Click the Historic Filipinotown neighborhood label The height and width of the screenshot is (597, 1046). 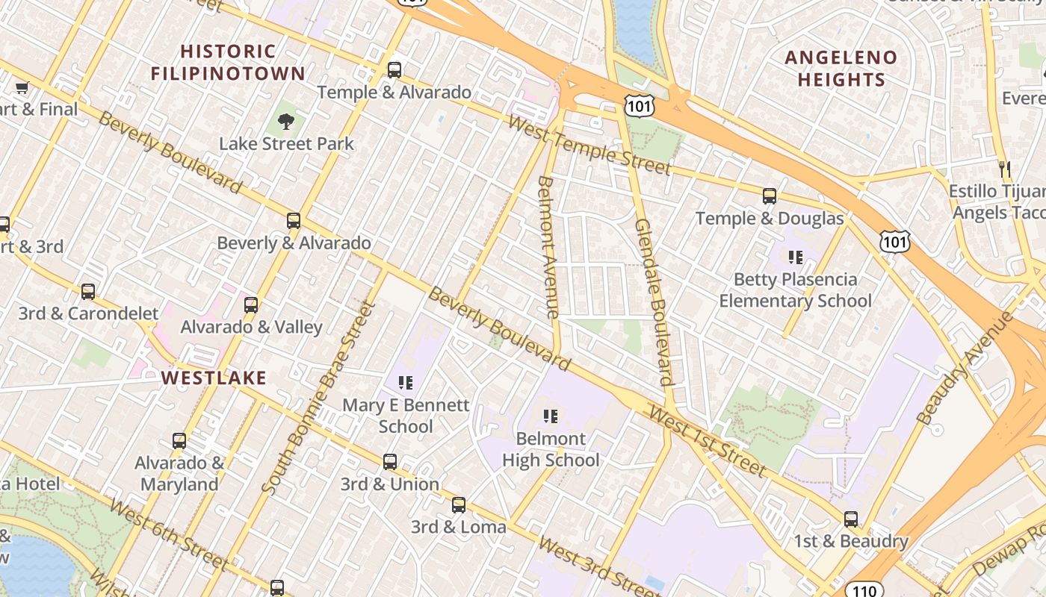coord(228,63)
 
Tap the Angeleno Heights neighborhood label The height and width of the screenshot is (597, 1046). coord(841,69)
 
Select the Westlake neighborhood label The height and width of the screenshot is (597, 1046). coord(214,378)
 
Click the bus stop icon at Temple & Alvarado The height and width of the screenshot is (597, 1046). coord(394,70)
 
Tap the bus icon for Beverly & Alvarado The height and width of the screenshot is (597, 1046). coord(294,221)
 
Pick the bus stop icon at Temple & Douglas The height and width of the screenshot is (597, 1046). coord(770,196)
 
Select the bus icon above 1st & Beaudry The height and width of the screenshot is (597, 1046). coord(851,519)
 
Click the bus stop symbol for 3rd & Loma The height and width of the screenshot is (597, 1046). coord(459,505)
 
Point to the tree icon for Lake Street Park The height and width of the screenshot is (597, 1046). coord(285,121)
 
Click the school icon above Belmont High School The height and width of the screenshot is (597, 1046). coord(551,416)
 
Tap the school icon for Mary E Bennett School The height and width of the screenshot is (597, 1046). coord(406,384)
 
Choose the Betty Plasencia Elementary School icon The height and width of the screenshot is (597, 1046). coord(796,257)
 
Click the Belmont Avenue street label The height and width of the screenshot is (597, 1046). coord(548,246)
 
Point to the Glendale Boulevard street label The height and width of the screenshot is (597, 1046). coord(654,301)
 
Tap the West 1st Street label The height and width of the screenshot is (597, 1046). coord(707,440)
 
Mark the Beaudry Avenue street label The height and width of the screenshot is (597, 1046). coord(965,369)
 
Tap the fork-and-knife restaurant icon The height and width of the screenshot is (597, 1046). coord(1005,169)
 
